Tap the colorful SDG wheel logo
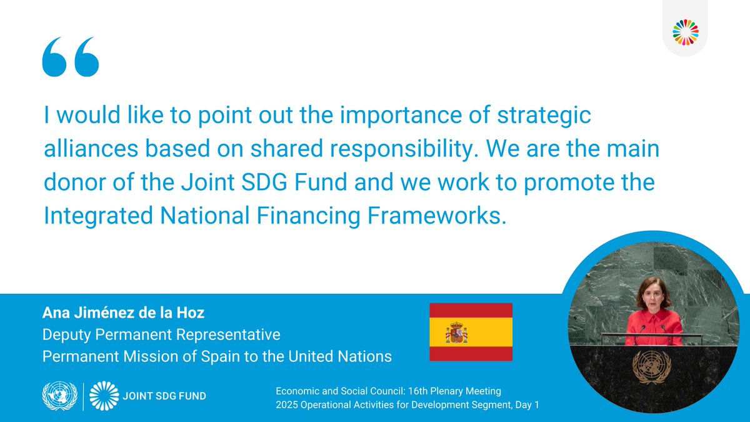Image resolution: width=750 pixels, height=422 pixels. [x=686, y=32]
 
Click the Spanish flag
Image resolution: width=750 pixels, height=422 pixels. [x=471, y=331]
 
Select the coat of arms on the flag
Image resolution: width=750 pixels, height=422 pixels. [x=456, y=333]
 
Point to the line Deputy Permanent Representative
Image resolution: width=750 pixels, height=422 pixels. [x=161, y=335]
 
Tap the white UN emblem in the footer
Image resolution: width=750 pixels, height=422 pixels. [x=59, y=396]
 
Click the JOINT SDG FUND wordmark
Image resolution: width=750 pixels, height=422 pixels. [x=162, y=396]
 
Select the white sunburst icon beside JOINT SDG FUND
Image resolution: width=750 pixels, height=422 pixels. [x=103, y=396]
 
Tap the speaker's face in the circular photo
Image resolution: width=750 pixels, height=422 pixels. [x=653, y=293]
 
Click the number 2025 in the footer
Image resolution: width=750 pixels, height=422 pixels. [x=288, y=405]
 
